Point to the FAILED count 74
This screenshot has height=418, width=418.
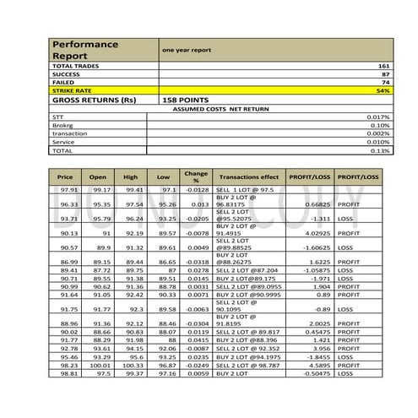384,83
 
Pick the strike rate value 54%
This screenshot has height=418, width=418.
383,90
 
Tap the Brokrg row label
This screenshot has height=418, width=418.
63,125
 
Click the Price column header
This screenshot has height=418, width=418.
65,177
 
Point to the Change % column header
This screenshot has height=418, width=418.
196,177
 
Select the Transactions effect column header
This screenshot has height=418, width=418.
248,177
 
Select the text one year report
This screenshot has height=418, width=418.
187,51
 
